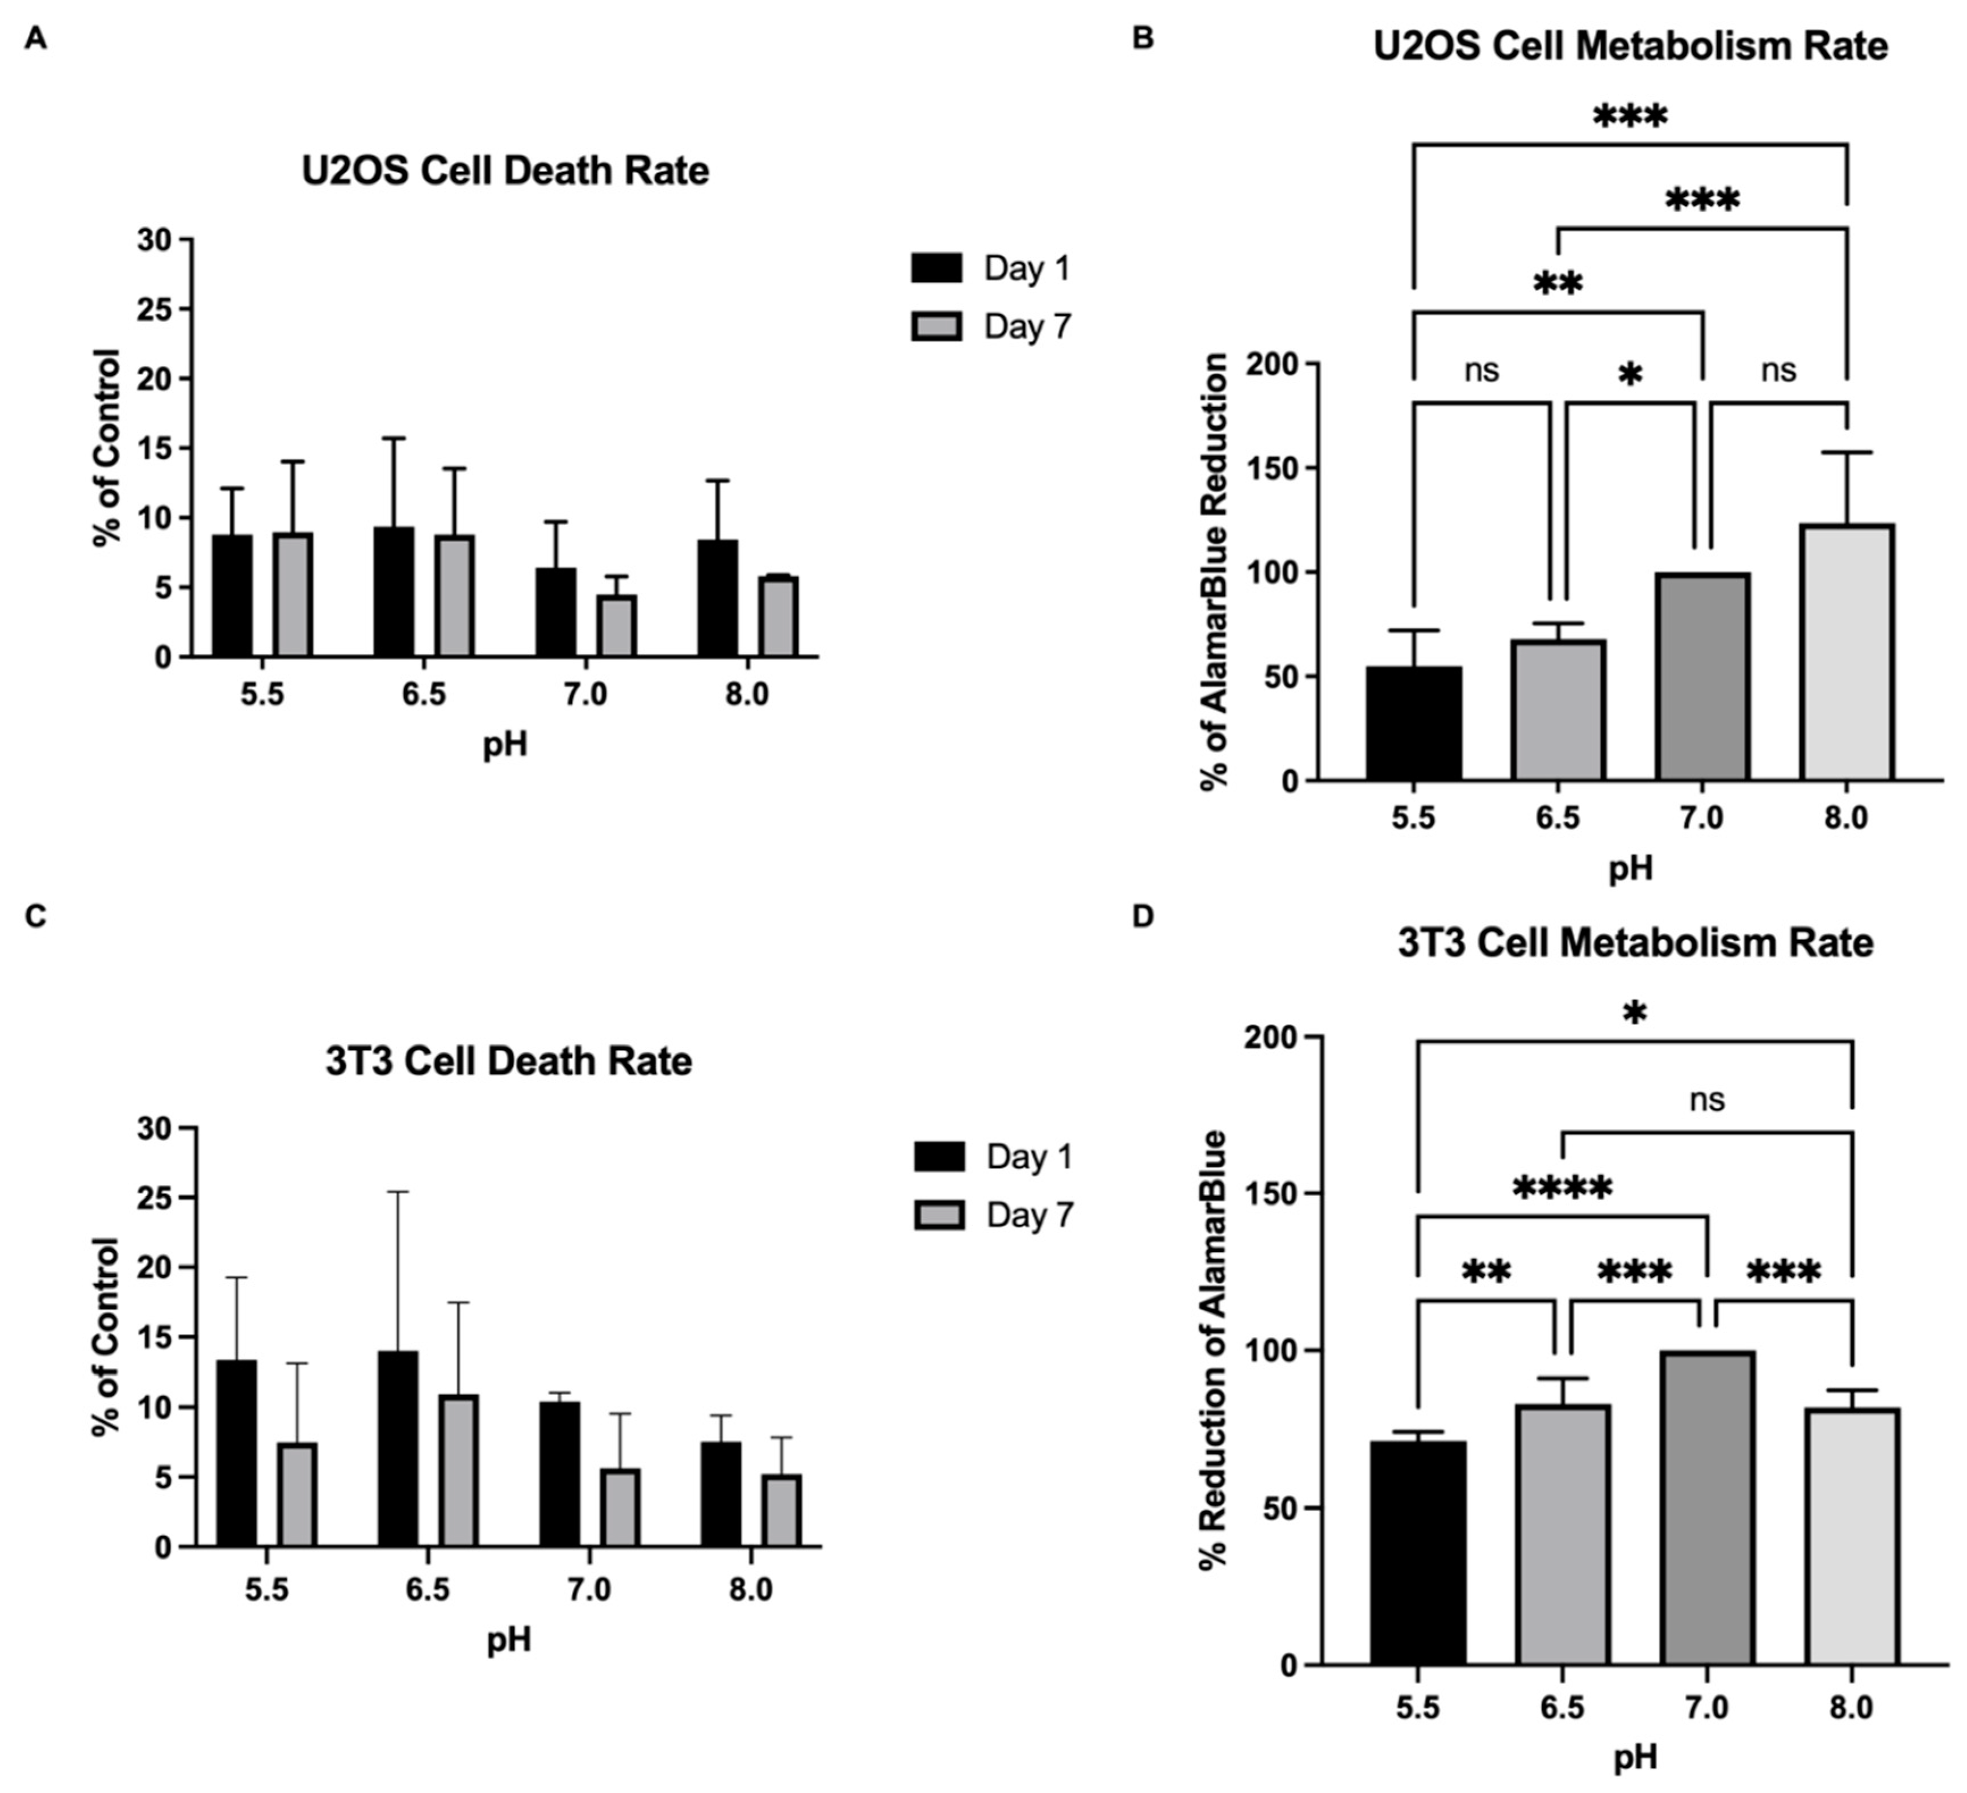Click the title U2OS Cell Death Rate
coord(505,171)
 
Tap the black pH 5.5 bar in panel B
coord(1414,723)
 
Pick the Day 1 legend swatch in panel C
coord(939,1157)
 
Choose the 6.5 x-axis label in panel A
coord(424,695)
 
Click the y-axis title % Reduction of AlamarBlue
coord(1213,1350)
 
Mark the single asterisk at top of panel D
coord(1634,1014)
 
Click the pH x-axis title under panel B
coord(1630,867)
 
